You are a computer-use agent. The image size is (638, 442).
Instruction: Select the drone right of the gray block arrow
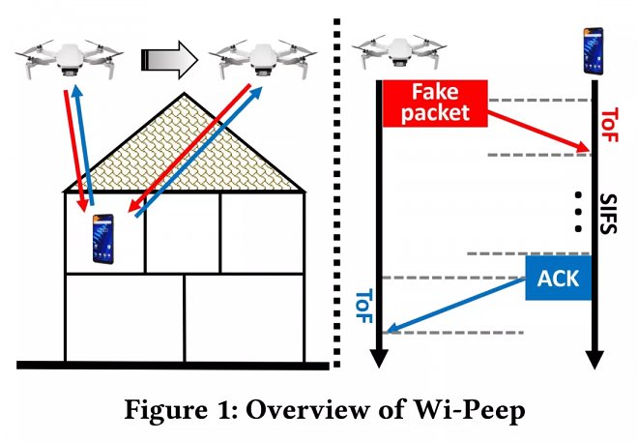click(261, 59)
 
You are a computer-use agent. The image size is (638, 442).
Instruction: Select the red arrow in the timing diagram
click(537, 130)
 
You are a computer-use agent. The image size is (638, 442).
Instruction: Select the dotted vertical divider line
click(334, 193)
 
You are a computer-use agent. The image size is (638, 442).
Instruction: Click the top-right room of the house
click(261, 232)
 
